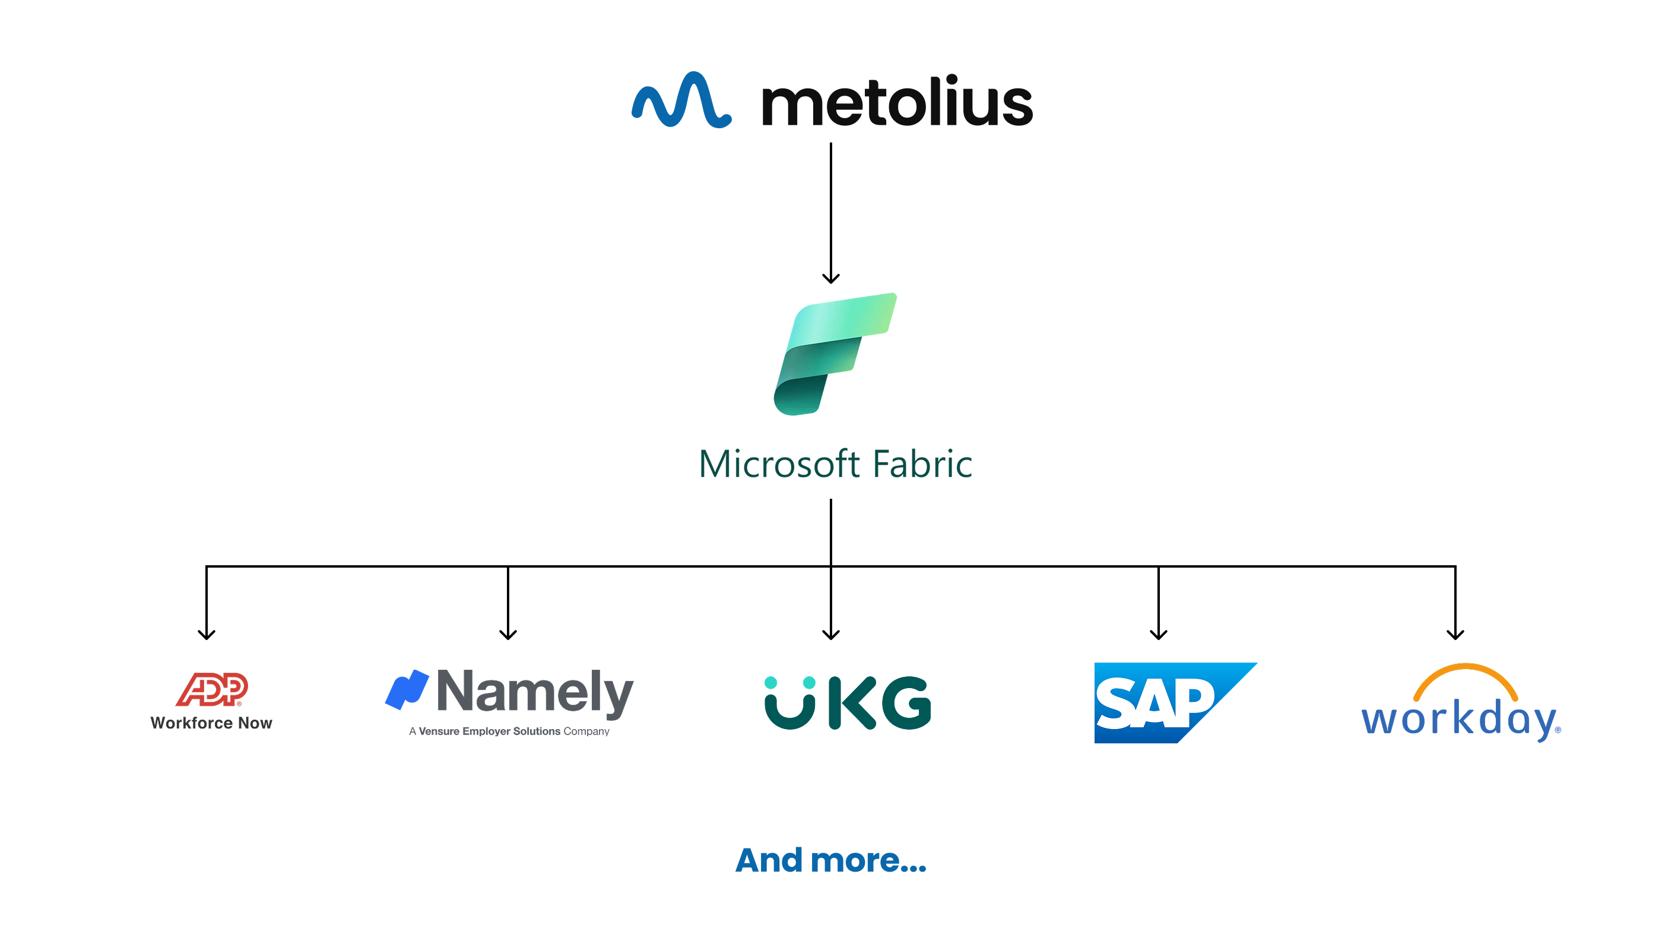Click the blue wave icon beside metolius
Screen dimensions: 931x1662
pos(681,100)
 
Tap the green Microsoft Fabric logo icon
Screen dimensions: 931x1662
pos(834,353)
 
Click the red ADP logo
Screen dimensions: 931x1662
pos(212,689)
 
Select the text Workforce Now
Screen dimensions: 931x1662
pos(212,723)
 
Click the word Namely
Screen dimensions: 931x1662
pos(535,692)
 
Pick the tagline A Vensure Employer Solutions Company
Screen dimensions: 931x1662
pos(509,731)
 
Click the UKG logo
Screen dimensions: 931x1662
pos(847,702)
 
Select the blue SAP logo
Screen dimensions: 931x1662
pos(1168,702)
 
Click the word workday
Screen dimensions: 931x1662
pos(1458,720)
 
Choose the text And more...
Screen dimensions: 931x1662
pos(830,861)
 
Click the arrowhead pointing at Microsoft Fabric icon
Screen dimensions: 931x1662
pos(831,278)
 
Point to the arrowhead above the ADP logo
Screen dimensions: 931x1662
pos(207,634)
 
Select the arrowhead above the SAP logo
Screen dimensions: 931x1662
pos(1159,634)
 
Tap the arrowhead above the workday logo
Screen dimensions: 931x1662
pos(1455,634)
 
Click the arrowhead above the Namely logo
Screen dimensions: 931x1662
pos(509,634)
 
